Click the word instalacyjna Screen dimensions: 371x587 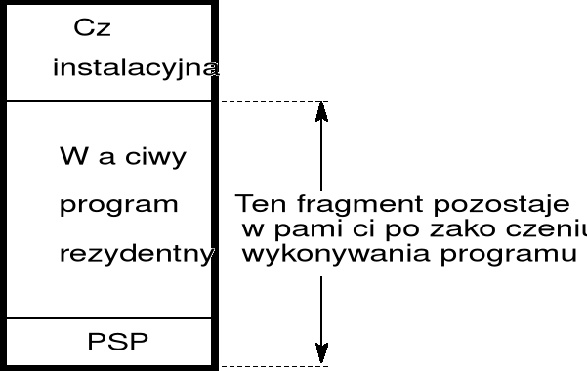(135, 68)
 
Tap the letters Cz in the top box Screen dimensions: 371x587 (93, 28)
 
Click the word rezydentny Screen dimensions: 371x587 (136, 255)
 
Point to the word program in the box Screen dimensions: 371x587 (118, 206)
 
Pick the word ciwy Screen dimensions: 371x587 (154, 158)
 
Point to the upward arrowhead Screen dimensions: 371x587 (321, 109)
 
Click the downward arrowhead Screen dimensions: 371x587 (321, 356)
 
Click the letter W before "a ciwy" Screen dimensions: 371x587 (70, 158)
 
